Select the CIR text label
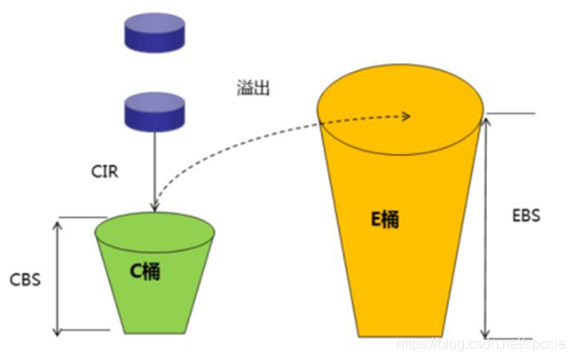[105, 168]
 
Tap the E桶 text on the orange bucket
[383, 219]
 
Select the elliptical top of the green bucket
[155, 229]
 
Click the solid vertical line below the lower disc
[155, 168]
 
